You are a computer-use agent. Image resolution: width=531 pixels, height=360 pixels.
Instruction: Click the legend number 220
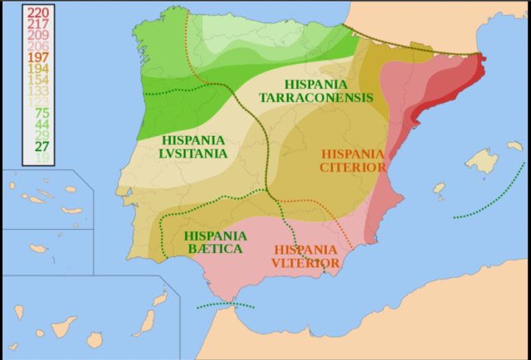[x=38, y=12]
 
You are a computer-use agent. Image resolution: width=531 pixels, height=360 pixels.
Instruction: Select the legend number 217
[x=38, y=24]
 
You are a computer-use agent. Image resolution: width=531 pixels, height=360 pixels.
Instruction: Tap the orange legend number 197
[x=38, y=57]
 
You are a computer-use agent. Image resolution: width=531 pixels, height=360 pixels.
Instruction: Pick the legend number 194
[x=38, y=69]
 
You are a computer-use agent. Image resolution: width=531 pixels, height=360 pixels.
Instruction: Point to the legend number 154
[x=38, y=80]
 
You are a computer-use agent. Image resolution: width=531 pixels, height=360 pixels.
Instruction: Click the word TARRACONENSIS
[x=316, y=98]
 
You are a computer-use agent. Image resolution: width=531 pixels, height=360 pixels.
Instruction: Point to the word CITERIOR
[x=353, y=167]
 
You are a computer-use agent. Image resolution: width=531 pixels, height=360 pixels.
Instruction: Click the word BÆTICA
[x=213, y=249]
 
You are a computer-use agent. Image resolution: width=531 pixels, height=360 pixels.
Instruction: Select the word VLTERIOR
[x=304, y=263]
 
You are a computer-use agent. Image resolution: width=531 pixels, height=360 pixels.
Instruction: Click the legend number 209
[x=38, y=36]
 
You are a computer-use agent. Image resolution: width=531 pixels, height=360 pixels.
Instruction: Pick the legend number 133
[x=38, y=90]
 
